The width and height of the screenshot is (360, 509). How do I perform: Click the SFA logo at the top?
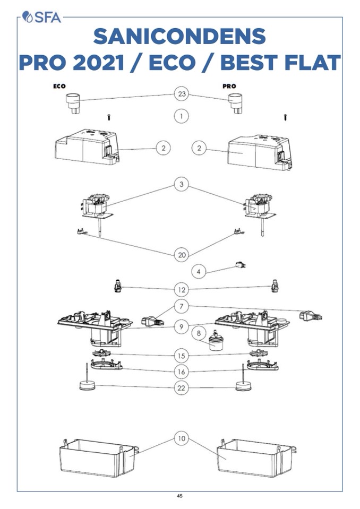pos(43,17)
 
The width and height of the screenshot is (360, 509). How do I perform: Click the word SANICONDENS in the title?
pos(179,37)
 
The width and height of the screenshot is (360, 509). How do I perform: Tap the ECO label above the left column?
pos(59,85)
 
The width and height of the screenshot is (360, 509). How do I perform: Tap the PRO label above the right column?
pos(229,85)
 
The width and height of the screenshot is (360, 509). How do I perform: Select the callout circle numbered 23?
pos(182,94)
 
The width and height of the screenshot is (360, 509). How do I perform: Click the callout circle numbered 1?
pos(182,116)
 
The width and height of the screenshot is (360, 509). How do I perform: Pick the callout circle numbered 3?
pos(182,185)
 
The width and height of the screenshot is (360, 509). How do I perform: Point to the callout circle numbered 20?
pos(182,255)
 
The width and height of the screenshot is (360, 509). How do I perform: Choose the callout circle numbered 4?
pos(199,272)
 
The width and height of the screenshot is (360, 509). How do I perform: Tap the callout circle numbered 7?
pos(182,307)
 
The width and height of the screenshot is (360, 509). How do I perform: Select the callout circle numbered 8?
pos(199,334)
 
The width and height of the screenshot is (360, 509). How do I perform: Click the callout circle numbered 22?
pos(182,388)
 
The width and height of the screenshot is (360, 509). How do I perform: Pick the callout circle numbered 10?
pos(182,439)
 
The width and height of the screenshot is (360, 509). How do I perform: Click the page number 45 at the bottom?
pos(179,496)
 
